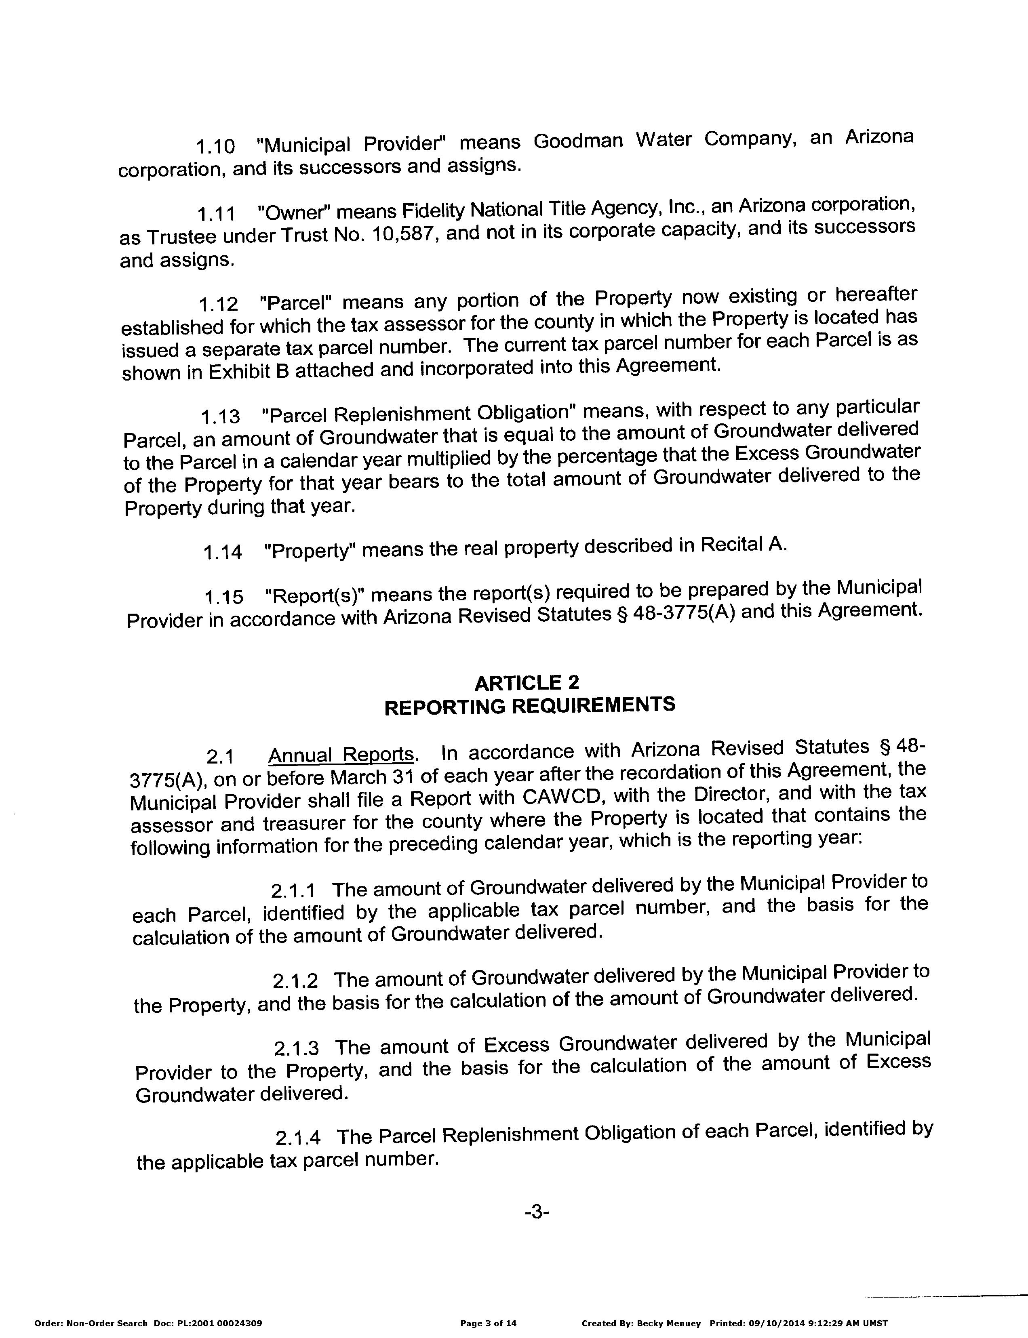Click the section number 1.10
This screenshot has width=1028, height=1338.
[x=215, y=147]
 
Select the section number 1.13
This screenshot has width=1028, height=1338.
[x=220, y=417]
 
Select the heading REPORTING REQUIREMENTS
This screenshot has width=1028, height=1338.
[x=529, y=705]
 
